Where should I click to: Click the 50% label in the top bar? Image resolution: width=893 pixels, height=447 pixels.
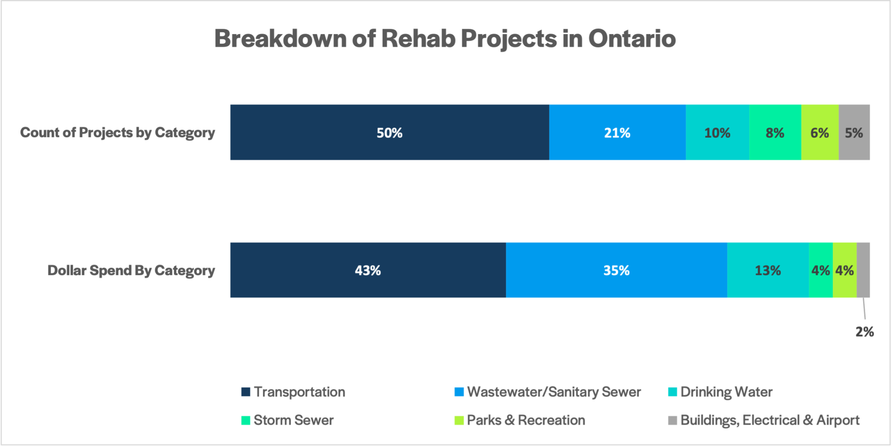point(389,133)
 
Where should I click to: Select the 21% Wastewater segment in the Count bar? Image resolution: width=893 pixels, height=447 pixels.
point(617,133)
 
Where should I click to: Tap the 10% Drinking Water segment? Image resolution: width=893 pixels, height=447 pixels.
point(717,133)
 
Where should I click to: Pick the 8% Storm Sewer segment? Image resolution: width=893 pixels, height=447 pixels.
point(775,133)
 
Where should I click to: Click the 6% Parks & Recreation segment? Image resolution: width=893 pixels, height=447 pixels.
point(820,133)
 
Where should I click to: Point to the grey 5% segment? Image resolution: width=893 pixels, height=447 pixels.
point(854,133)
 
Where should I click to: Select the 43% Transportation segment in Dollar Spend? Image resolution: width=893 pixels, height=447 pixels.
point(368,270)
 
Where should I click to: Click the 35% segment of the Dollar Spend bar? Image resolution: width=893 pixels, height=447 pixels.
point(616,270)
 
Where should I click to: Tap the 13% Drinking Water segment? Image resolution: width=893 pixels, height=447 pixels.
point(768,270)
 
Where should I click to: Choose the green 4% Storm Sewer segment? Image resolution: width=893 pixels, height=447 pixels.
point(820,270)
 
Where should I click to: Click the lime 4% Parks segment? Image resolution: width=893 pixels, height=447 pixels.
point(845,270)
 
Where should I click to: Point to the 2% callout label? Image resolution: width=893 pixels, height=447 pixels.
point(864,332)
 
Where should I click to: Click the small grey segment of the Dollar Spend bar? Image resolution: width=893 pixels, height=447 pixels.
point(863,270)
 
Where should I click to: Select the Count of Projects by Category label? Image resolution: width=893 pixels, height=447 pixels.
point(117,133)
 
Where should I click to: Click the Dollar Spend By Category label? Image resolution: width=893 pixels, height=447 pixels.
point(131,271)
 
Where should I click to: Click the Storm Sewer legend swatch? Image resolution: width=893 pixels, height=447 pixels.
point(245,420)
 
